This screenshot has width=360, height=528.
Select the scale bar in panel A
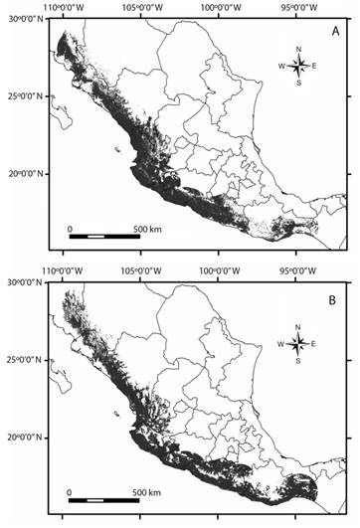click(x=104, y=238)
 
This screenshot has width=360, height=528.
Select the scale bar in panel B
click(x=104, y=499)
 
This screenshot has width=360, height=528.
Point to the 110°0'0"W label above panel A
click(x=65, y=10)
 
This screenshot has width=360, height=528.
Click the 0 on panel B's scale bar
click(x=70, y=491)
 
